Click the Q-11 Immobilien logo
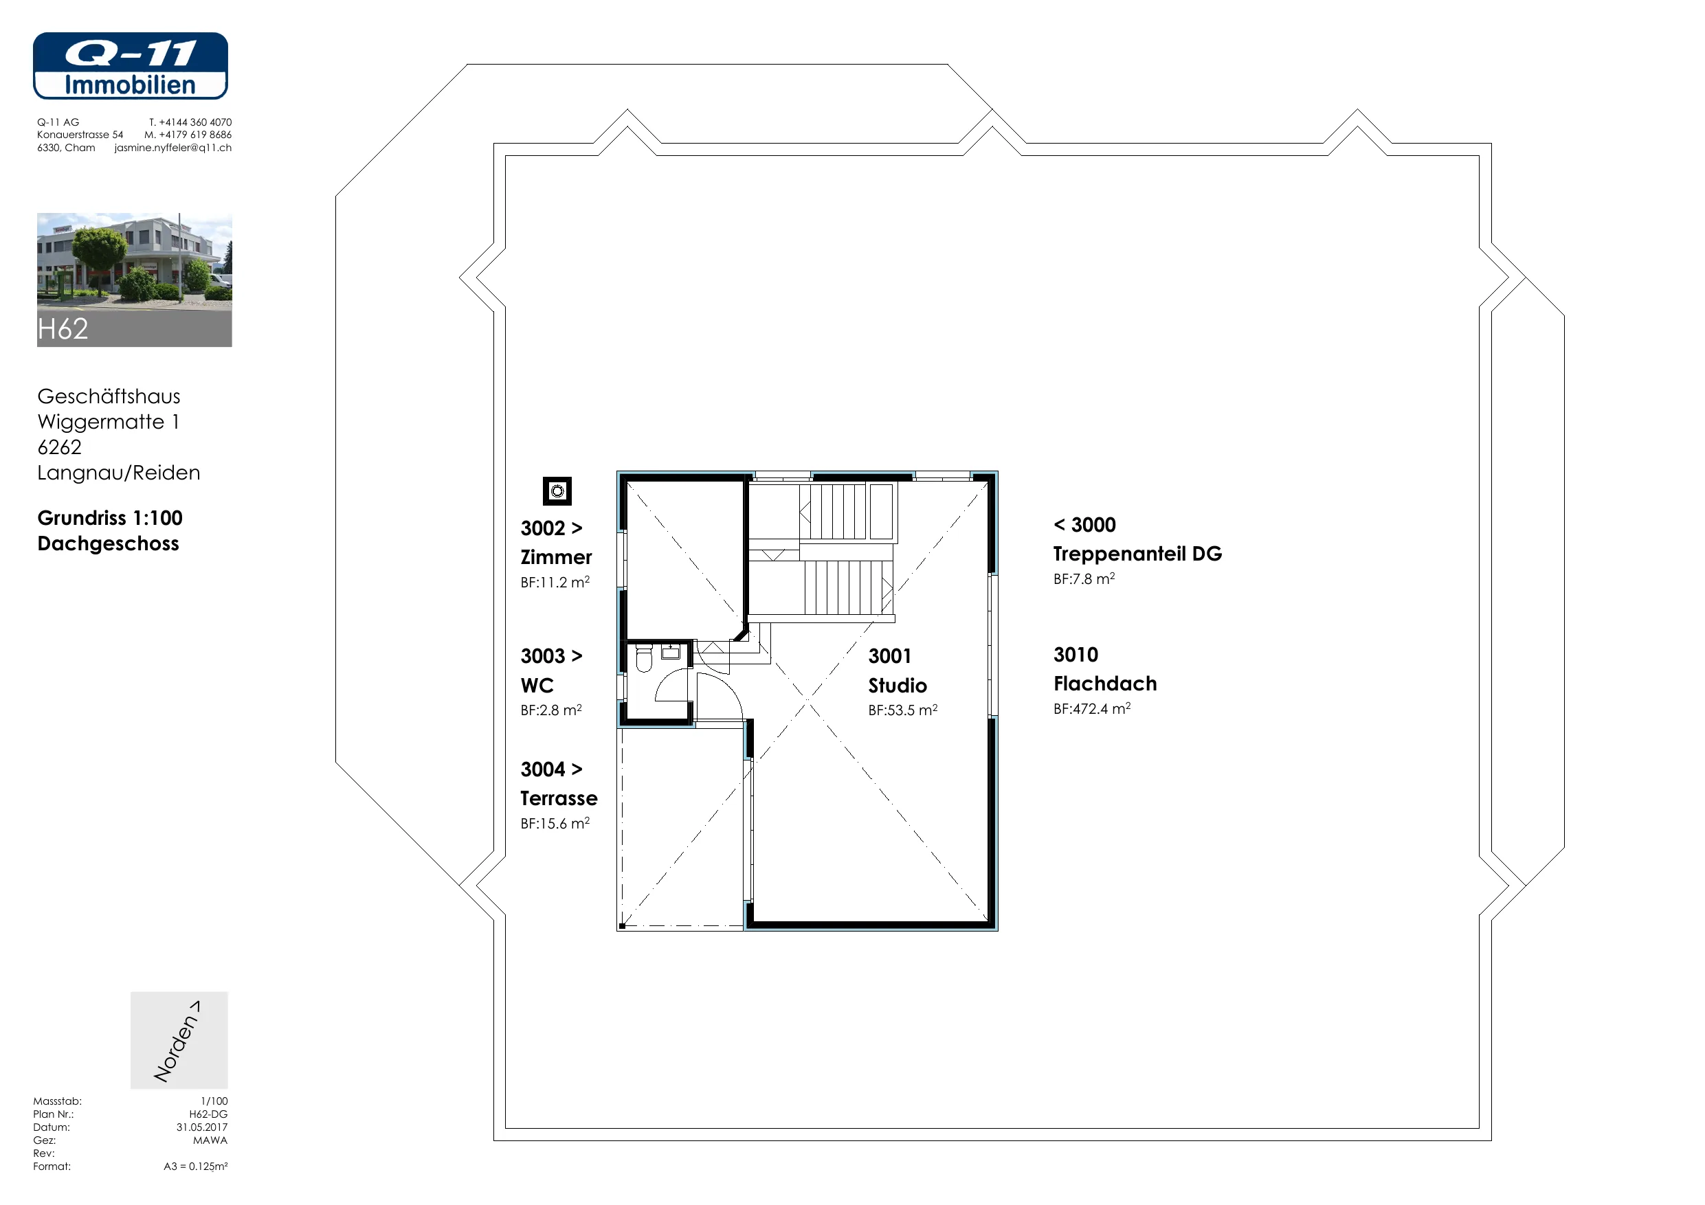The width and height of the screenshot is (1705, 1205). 130,65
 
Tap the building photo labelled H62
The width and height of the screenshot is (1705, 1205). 135,280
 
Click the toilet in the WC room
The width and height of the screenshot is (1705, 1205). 644,659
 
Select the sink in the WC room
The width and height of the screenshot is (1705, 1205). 671,652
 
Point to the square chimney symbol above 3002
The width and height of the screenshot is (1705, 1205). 557,491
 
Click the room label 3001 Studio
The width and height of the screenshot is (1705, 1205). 898,671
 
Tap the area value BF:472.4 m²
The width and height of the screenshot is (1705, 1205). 1091,708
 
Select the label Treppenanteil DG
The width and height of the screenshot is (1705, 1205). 1137,554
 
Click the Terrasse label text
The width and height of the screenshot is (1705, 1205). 559,798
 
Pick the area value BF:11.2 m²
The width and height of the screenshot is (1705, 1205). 555,582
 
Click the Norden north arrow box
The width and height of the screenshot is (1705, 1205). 179,1040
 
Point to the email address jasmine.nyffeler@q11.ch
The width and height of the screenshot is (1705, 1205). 173,148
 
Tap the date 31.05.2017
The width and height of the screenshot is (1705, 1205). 202,1127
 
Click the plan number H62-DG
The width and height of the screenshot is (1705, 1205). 208,1114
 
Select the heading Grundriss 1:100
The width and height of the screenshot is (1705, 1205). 110,517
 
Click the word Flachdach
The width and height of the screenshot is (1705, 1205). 1105,684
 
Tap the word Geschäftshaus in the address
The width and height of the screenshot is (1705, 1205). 109,396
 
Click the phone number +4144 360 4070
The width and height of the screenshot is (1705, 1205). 195,122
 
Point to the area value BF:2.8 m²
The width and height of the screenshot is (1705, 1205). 551,710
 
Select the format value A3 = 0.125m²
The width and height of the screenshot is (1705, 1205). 195,1167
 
